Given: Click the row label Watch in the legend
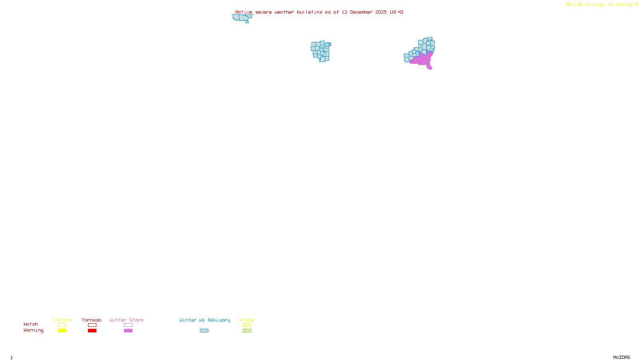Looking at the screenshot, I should [x=31, y=324].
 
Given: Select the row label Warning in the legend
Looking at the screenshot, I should [x=33, y=330].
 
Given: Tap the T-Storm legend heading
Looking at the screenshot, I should [x=62, y=320].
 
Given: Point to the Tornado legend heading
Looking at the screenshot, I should [x=92, y=320].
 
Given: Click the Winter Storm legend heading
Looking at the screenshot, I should [x=126, y=320].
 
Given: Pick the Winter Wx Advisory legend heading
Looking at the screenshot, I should [x=205, y=320].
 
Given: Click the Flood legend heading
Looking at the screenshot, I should [x=247, y=320].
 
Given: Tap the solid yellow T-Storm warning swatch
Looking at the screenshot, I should [x=62, y=331].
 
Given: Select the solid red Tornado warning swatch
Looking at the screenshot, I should [x=92, y=331].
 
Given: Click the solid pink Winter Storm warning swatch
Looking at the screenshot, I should [x=128, y=331].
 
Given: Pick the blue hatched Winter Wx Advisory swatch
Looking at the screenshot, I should [x=204, y=331].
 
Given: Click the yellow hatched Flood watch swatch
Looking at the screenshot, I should [x=247, y=325].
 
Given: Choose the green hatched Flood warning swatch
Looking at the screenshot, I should [x=247, y=331].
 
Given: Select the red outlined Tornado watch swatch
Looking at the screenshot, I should [x=92, y=325].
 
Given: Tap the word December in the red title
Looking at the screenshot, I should [x=361, y=12].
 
